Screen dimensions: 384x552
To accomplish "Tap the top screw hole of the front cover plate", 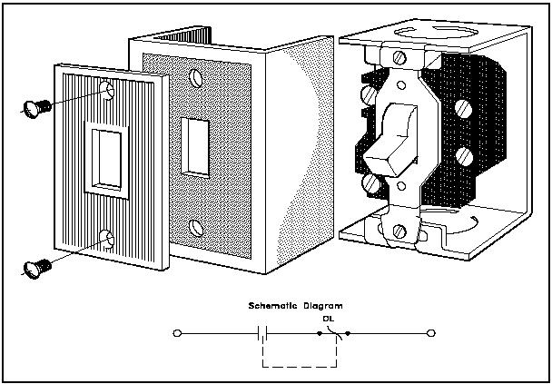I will (109, 90).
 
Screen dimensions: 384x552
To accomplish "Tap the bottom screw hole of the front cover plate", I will (108, 239).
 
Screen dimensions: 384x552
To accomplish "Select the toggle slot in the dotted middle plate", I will (193, 144).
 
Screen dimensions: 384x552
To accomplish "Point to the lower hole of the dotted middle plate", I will (195, 224).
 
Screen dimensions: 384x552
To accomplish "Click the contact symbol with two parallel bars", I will (262, 334).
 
